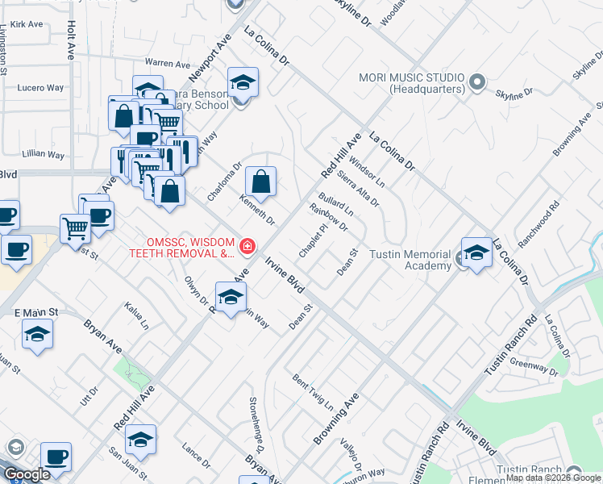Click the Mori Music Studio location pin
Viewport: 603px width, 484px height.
coord(476,81)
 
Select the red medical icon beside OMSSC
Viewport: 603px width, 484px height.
coord(247,246)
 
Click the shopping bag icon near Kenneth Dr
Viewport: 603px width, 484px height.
coord(261,182)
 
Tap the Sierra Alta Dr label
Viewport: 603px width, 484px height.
coord(359,186)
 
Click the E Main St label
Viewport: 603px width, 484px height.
coord(36,312)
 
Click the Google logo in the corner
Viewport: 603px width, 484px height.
coord(27,474)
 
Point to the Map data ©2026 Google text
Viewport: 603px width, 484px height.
coord(553,478)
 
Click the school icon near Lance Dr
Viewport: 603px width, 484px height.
coord(140,440)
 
